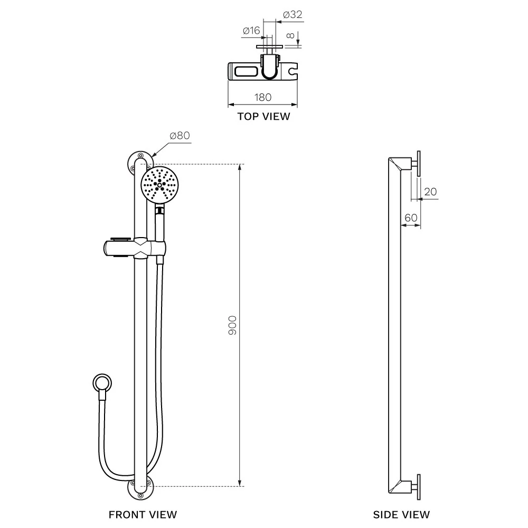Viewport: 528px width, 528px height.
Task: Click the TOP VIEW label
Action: click(263, 117)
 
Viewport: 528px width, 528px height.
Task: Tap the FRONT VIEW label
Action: click(143, 514)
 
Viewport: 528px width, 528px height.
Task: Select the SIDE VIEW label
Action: click(401, 514)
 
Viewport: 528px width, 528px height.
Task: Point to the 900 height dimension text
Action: click(232, 325)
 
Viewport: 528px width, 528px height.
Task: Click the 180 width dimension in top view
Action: click(262, 97)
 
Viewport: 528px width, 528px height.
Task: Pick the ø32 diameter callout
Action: click(293, 14)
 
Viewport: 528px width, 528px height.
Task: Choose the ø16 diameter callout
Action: click(251, 31)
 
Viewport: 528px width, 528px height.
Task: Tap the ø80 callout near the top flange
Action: click(180, 135)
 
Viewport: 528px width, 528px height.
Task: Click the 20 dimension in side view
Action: click(430, 192)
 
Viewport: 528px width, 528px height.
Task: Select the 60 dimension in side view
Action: click(411, 218)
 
